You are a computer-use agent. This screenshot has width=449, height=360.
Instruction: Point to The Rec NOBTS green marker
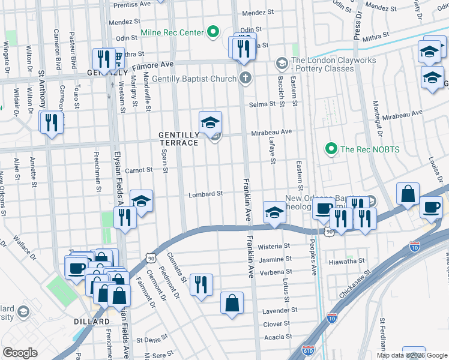click(x=330, y=148)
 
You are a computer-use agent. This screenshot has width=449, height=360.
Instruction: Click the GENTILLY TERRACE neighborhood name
click(x=178, y=139)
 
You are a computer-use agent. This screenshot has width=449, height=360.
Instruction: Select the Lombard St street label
click(x=206, y=194)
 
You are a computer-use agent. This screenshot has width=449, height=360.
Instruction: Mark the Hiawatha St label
click(x=347, y=262)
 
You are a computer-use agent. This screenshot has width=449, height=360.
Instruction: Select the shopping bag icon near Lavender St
click(x=232, y=303)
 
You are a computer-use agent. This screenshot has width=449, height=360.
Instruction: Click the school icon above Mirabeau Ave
click(x=211, y=122)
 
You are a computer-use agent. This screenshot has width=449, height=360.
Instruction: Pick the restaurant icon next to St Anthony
click(x=51, y=122)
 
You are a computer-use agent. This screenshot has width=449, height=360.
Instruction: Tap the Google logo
click(x=20, y=353)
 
